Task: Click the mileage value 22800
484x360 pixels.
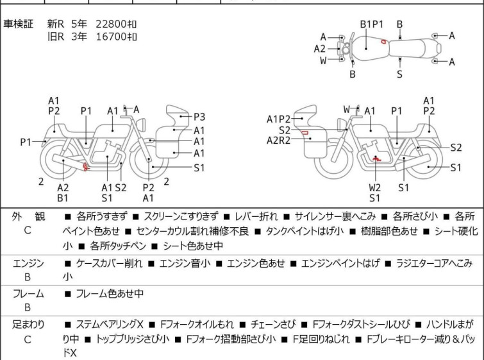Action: click(x=110, y=24)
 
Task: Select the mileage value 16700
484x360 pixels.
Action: click(x=110, y=37)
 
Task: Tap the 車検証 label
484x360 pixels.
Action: click(x=19, y=24)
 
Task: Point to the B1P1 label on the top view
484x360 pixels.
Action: click(x=371, y=24)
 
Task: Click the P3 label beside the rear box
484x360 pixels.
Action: click(x=199, y=117)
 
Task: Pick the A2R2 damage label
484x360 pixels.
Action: click(x=280, y=140)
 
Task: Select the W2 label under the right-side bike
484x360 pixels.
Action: click(x=374, y=188)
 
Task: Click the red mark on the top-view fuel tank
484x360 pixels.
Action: click(x=383, y=42)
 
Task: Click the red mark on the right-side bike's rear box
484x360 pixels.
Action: click(x=305, y=133)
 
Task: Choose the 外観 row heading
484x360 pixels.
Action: click(x=28, y=216)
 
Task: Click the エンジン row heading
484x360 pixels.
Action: click(x=28, y=263)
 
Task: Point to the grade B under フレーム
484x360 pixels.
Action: click(x=28, y=308)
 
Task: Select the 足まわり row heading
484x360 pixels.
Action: click(x=28, y=325)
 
